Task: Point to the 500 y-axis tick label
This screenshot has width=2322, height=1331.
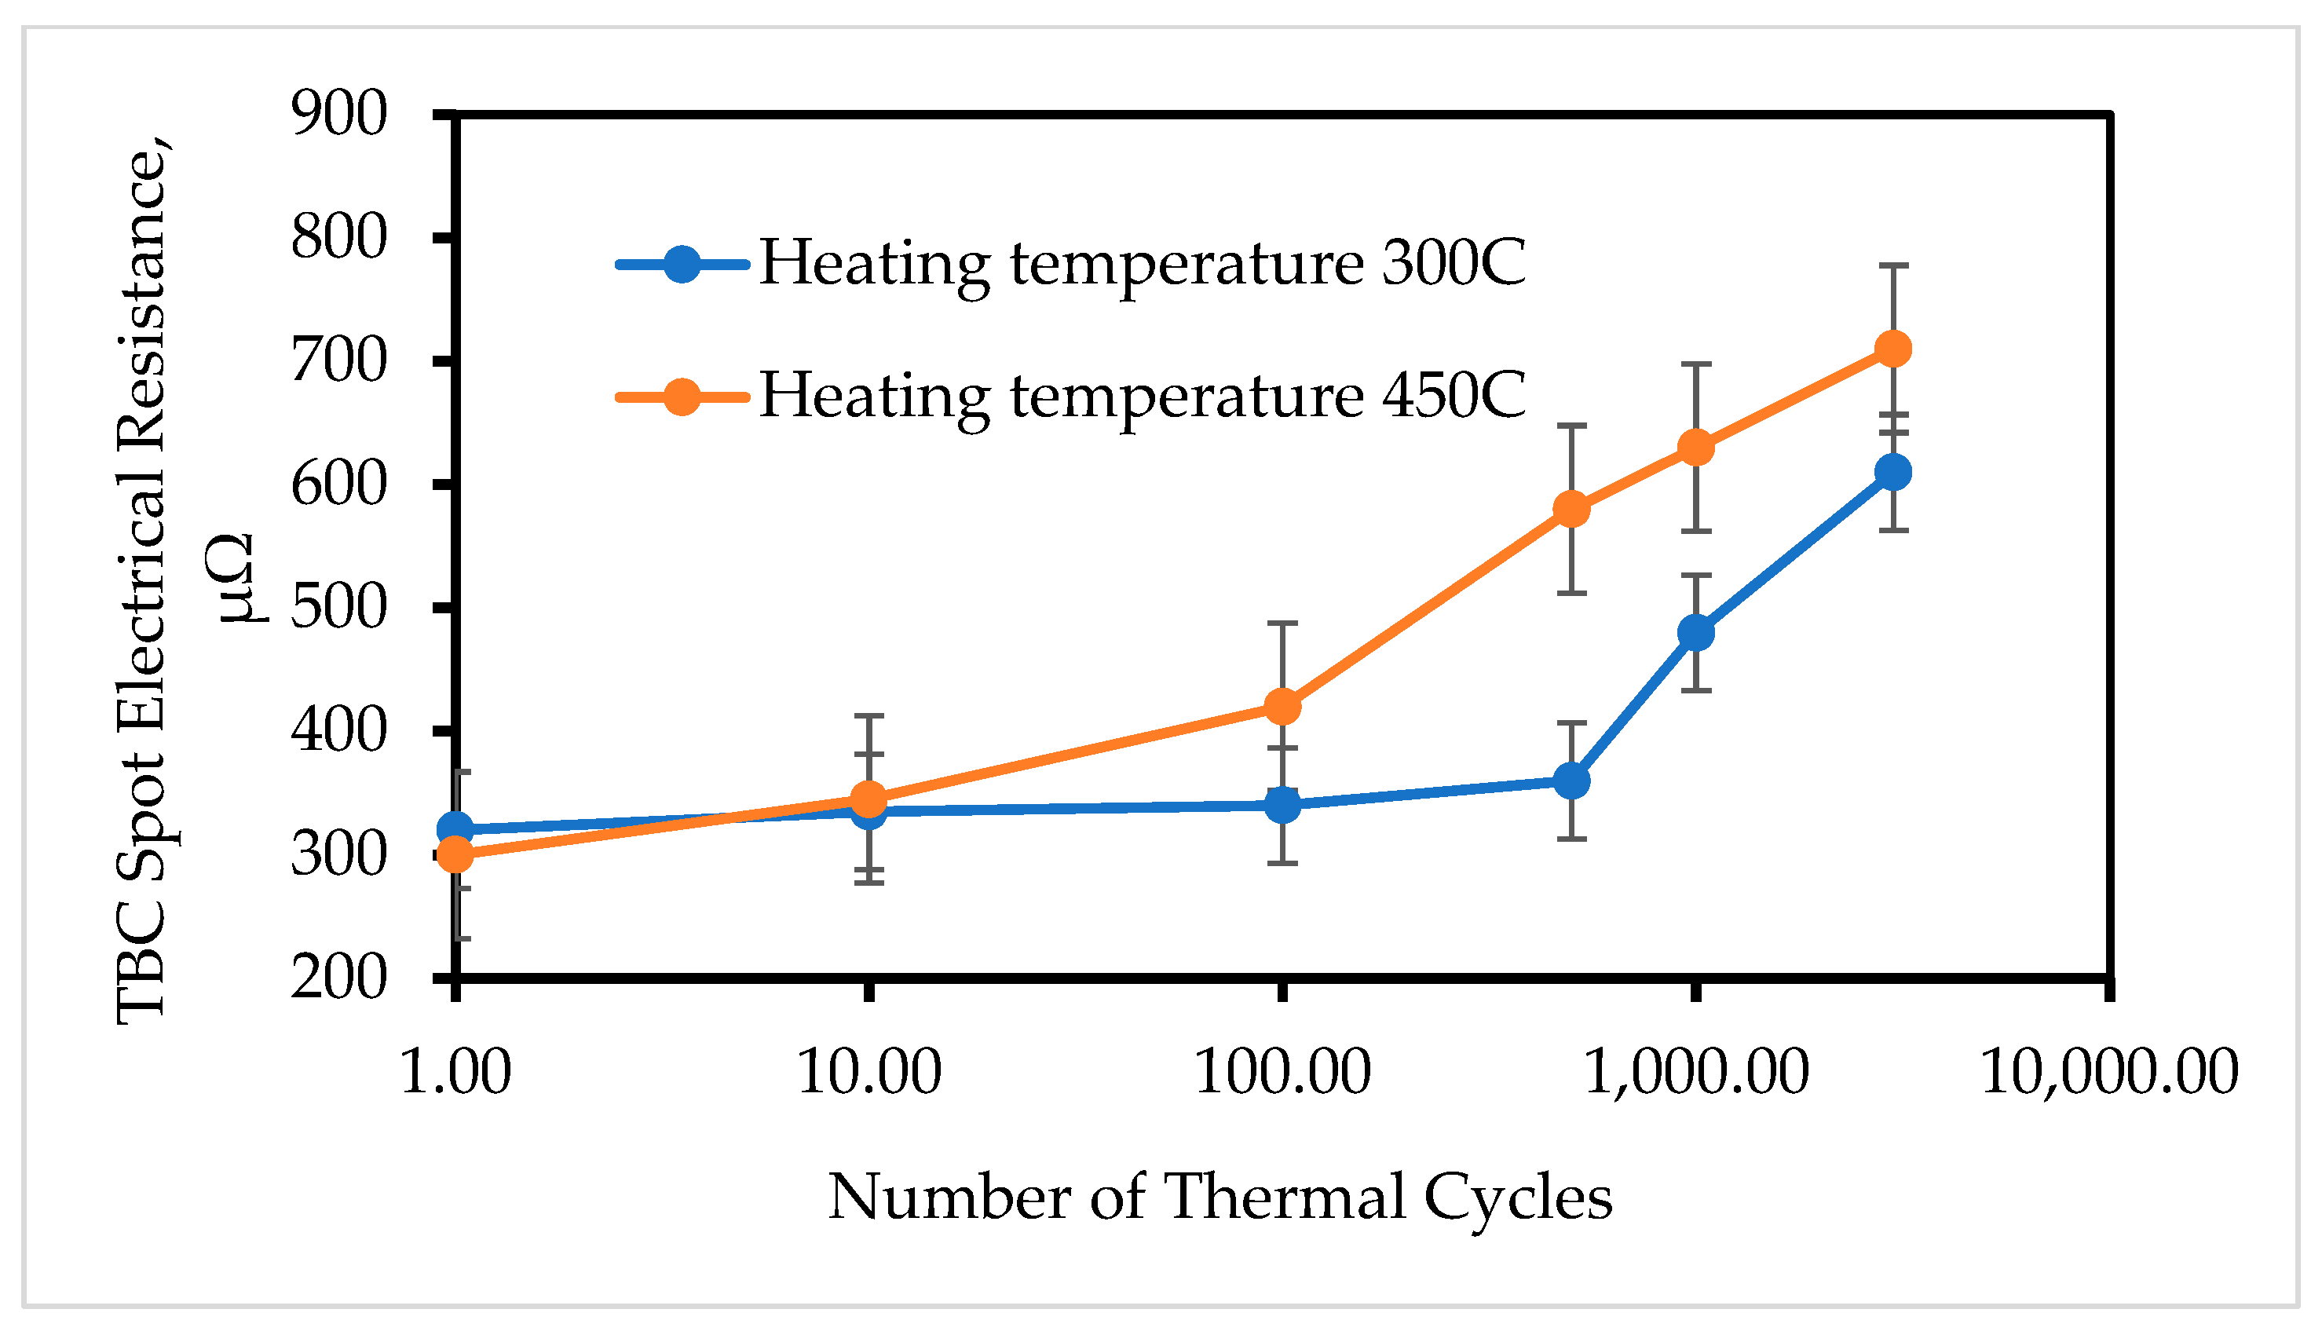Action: pyautogui.click(x=339, y=608)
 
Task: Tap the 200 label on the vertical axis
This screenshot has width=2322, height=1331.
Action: pyautogui.click(x=339, y=979)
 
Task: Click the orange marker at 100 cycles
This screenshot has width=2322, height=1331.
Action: pyautogui.click(x=1282, y=707)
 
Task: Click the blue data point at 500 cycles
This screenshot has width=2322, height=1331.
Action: pyautogui.click(x=1571, y=781)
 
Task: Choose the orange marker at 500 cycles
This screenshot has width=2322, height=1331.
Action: pyautogui.click(x=1571, y=509)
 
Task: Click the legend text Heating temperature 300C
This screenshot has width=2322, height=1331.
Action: pyautogui.click(x=1143, y=264)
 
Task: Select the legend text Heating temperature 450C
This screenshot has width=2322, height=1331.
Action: pyautogui.click(x=1143, y=396)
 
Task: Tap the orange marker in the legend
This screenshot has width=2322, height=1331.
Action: pyautogui.click(x=681, y=397)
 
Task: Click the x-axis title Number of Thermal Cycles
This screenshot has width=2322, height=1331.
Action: pyautogui.click(x=1220, y=1198)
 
